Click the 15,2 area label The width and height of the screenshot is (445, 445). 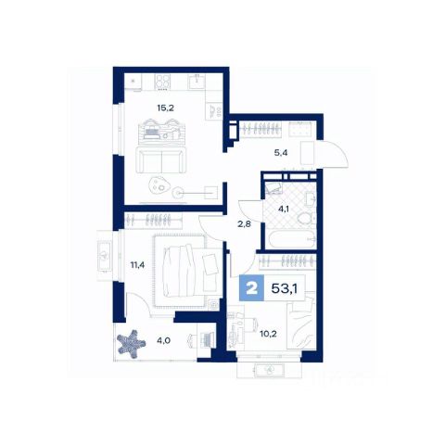pos(166,108)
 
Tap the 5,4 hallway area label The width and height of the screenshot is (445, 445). pos(281,152)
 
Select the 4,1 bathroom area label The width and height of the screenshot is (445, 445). pos(284,209)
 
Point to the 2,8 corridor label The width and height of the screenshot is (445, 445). pos(244,224)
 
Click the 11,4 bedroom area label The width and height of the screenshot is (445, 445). pos(137,265)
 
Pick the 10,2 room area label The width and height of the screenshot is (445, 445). pos(268,334)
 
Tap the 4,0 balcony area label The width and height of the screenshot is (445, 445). pos(163,341)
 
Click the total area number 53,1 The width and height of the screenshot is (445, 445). pos(285,288)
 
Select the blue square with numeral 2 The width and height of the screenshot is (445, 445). pos(252,288)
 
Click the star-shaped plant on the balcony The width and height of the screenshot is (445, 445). pos(131,344)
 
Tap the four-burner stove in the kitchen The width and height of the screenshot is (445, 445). pos(162,82)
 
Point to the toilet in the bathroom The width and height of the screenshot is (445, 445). pos(306,219)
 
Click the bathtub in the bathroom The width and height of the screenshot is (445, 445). pos(290,238)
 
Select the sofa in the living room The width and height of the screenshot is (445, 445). pos(161,159)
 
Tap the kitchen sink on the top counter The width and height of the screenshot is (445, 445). pos(197,83)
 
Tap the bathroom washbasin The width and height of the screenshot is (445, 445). pos(311,198)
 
